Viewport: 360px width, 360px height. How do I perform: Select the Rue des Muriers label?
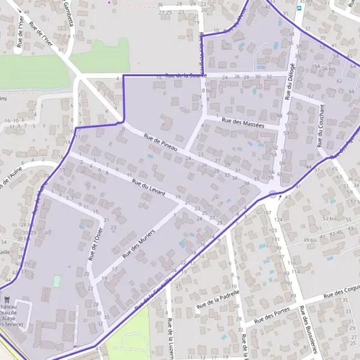pos(139,242)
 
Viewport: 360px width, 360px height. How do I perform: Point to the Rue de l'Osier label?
pos(92,248)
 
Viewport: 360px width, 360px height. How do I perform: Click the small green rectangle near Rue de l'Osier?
pos(57,281)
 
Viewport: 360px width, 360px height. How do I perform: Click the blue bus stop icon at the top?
pos(299,10)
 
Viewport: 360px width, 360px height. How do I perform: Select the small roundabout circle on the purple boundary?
pos(274,194)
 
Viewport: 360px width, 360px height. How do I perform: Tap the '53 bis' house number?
pos(329,219)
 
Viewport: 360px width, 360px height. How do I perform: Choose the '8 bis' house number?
pos(207,89)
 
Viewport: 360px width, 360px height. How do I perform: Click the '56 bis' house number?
pos(328,68)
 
